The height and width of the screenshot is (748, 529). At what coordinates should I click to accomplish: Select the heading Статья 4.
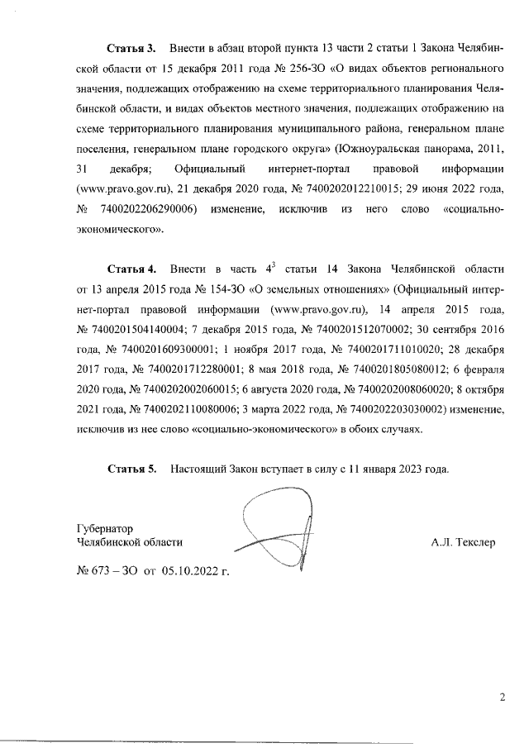(x=132, y=269)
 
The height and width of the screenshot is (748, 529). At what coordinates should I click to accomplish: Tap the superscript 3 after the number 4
(x=273, y=265)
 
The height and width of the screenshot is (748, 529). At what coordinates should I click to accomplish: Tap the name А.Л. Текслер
(x=462, y=543)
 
